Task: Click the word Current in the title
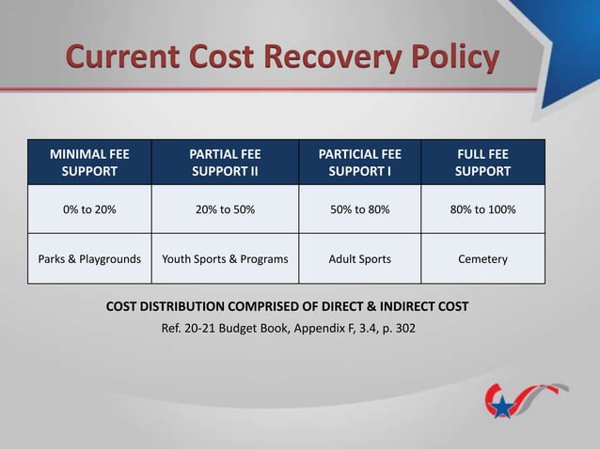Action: (122, 57)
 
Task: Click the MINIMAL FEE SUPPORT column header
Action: (89, 162)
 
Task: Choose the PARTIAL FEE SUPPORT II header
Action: (225, 162)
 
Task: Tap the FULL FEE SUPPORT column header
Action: (482, 162)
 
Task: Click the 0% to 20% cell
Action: (89, 209)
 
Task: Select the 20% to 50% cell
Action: (225, 209)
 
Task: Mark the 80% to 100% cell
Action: (482, 209)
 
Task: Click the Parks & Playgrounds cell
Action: (89, 258)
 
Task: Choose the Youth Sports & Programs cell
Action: (225, 258)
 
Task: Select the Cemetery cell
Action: (482, 258)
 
